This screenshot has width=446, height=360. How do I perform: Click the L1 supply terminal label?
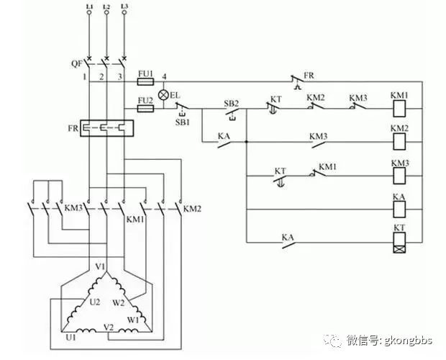pos(89,6)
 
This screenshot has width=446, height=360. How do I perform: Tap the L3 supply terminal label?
pos(124,6)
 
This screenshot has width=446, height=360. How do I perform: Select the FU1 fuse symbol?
pos(145,83)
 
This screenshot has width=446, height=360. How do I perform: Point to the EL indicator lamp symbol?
pos(163,95)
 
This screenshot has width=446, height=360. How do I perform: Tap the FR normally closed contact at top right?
pos(295,81)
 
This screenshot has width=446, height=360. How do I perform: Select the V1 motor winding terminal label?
pos(101,266)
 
